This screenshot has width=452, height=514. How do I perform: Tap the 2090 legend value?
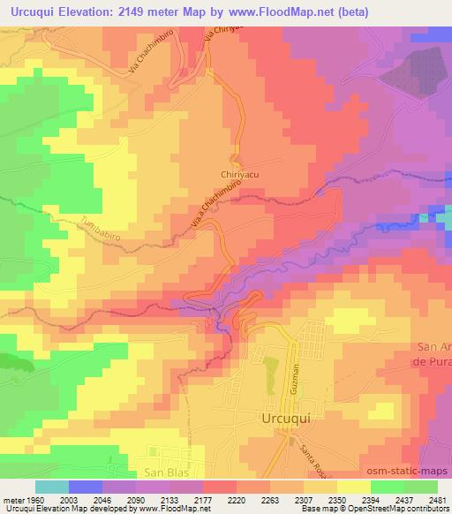[x=137, y=500]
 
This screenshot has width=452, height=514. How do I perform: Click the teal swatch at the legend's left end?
[x=52, y=487]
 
